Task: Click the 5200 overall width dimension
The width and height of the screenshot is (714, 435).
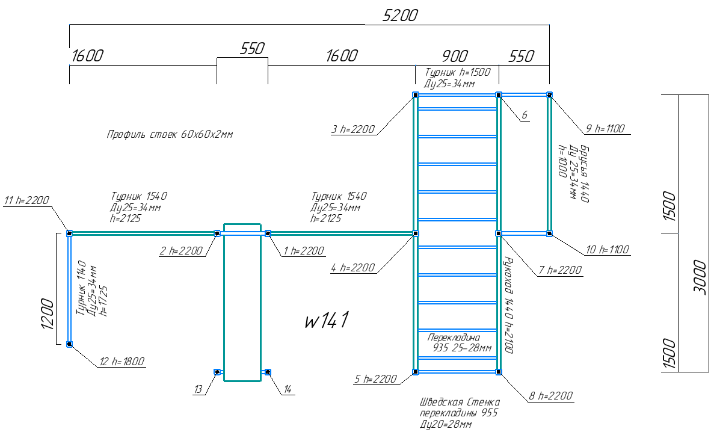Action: (x=400, y=16)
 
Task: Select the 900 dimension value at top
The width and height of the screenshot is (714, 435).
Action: (x=455, y=56)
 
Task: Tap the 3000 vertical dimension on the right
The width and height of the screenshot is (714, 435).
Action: (x=700, y=277)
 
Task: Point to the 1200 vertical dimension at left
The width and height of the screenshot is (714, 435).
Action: (x=48, y=314)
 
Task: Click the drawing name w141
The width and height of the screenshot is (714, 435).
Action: (x=327, y=319)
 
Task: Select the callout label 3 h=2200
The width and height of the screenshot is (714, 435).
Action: (x=353, y=129)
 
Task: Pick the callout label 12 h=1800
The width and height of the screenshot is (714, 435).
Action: (x=122, y=362)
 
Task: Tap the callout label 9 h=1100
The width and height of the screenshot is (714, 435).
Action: (x=605, y=129)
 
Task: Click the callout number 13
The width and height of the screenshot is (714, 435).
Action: (x=198, y=389)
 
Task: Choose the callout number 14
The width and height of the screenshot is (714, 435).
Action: (x=288, y=389)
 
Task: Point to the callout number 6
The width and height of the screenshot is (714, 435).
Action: (x=524, y=115)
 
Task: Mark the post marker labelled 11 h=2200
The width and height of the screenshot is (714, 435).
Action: (x=69, y=233)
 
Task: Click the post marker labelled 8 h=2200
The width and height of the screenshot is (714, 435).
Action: (x=499, y=372)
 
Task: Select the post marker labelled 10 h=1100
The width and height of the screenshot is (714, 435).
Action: (x=550, y=233)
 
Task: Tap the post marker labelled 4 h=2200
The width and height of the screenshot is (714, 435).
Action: (x=416, y=233)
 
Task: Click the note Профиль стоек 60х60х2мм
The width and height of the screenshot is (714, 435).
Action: (x=170, y=134)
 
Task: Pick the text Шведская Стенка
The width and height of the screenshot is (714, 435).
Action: (x=460, y=402)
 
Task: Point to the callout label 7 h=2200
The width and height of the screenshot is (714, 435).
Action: (x=560, y=270)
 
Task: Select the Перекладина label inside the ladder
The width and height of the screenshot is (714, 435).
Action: (x=454, y=338)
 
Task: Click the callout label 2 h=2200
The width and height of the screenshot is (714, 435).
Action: (x=181, y=251)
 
